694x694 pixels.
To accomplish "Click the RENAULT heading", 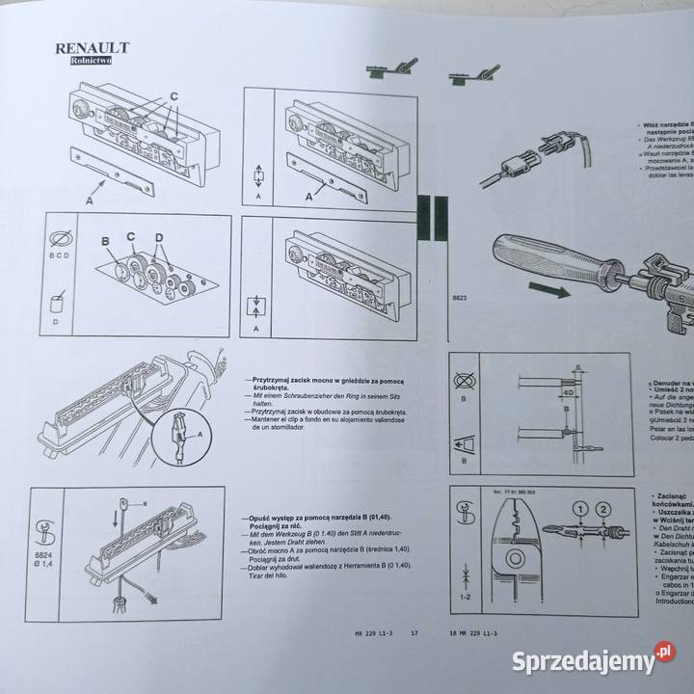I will coord(93,47).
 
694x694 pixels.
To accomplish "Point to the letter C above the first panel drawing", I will coord(173,96).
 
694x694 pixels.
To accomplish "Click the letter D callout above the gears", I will coord(159,237).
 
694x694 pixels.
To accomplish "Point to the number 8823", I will coord(461,299).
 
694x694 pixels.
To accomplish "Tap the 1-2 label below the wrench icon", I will coord(467,598).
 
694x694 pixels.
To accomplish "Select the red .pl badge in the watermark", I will coord(664,658).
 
